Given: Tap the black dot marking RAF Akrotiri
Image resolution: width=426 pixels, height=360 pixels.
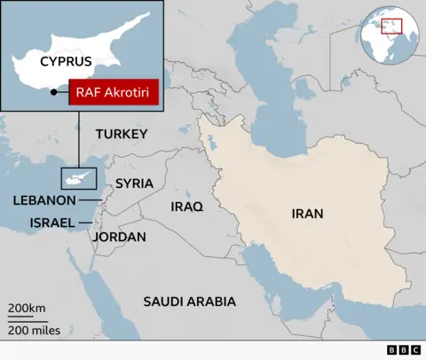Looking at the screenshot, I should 53,91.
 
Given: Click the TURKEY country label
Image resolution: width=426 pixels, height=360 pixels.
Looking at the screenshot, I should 120,134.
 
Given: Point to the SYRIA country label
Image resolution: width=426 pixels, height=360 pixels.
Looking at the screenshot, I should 134,184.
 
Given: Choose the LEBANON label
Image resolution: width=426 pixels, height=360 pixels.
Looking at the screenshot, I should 44,200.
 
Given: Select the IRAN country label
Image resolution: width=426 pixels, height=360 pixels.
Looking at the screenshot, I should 307,214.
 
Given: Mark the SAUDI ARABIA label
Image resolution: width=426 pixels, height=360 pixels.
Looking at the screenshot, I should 190,301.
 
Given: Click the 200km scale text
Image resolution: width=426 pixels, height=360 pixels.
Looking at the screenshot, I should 28,308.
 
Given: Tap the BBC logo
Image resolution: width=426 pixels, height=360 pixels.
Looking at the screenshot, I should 403,350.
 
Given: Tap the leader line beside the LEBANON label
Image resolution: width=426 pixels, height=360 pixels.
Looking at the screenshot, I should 91,200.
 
